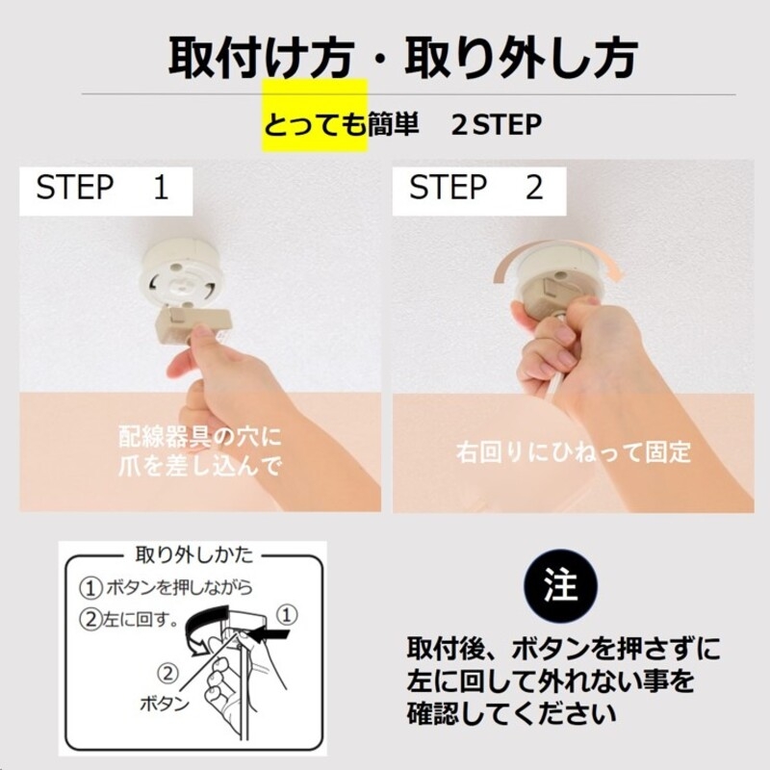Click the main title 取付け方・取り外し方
coord(402,59)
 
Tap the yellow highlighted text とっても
coord(316,125)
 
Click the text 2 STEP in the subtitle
coord(497,125)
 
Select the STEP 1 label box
coord(106,191)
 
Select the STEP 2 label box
coord(479,191)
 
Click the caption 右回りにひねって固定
coord(573,452)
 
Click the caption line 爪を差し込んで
coord(199,465)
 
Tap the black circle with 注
coord(561,586)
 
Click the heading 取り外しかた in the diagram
coord(194,554)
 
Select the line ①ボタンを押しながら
coord(166,587)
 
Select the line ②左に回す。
coord(129,619)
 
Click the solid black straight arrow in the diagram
coord(269,634)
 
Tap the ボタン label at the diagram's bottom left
coord(165,705)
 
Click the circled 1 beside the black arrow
coord(287,615)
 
